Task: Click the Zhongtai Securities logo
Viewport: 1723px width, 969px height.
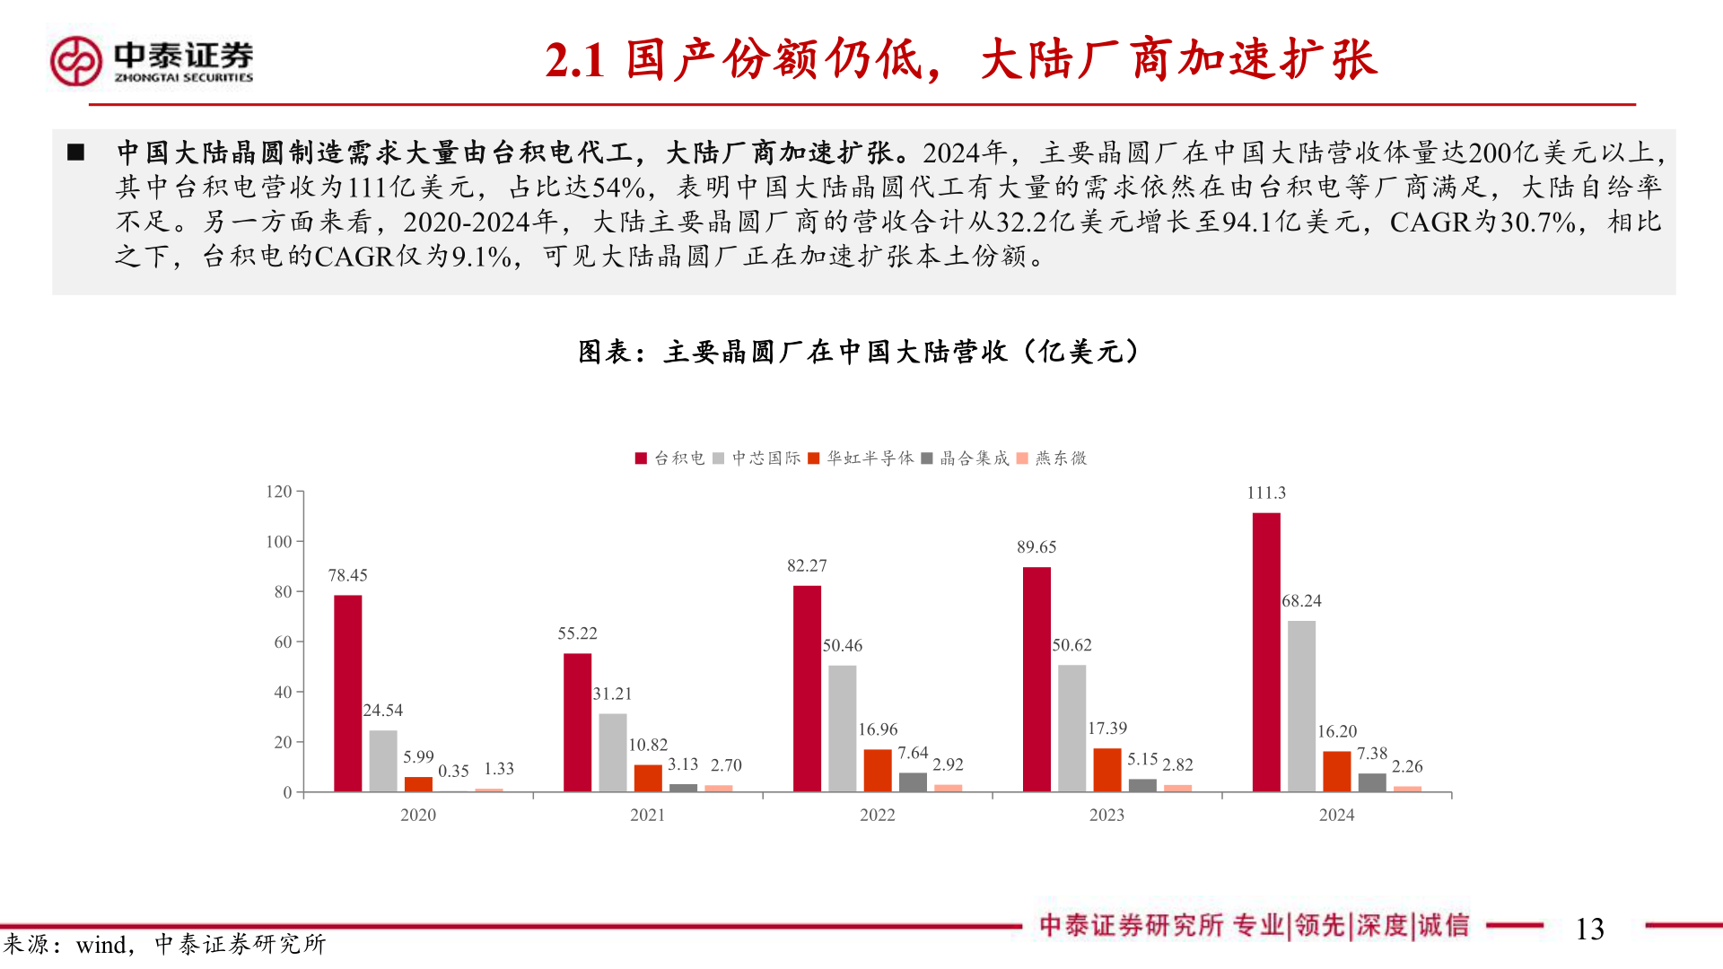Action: (x=151, y=61)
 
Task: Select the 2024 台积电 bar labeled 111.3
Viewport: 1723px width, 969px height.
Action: (x=1266, y=651)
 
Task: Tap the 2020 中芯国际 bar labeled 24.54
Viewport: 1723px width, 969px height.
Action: (x=383, y=761)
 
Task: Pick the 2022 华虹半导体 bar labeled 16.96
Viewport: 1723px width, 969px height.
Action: (x=878, y=770)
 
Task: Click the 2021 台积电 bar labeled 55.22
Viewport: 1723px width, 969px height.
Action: (x=577, y=722)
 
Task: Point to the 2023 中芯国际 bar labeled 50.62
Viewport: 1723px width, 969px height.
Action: (x=1071, y=728)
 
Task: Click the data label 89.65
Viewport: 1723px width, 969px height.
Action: (x=1036, y=547)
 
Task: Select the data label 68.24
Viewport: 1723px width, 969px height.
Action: (x=1301, y=601)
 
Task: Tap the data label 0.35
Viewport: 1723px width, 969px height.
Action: (x=453, y=772)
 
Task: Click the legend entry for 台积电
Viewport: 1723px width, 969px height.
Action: (x=670, y=458)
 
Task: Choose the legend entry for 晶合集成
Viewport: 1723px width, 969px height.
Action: (x=966, y=458)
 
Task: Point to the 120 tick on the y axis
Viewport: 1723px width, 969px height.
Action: (x=279, y=492)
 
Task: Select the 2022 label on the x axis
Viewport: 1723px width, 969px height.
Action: (x=877, y=815)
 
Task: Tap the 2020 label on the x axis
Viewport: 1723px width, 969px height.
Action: (x=418, y=815)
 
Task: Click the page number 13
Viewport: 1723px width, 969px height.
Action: (x=1589, y=929)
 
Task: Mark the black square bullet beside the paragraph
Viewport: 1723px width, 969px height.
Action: (x=76, y=153)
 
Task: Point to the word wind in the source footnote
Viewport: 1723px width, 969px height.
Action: (x=101, y=945)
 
